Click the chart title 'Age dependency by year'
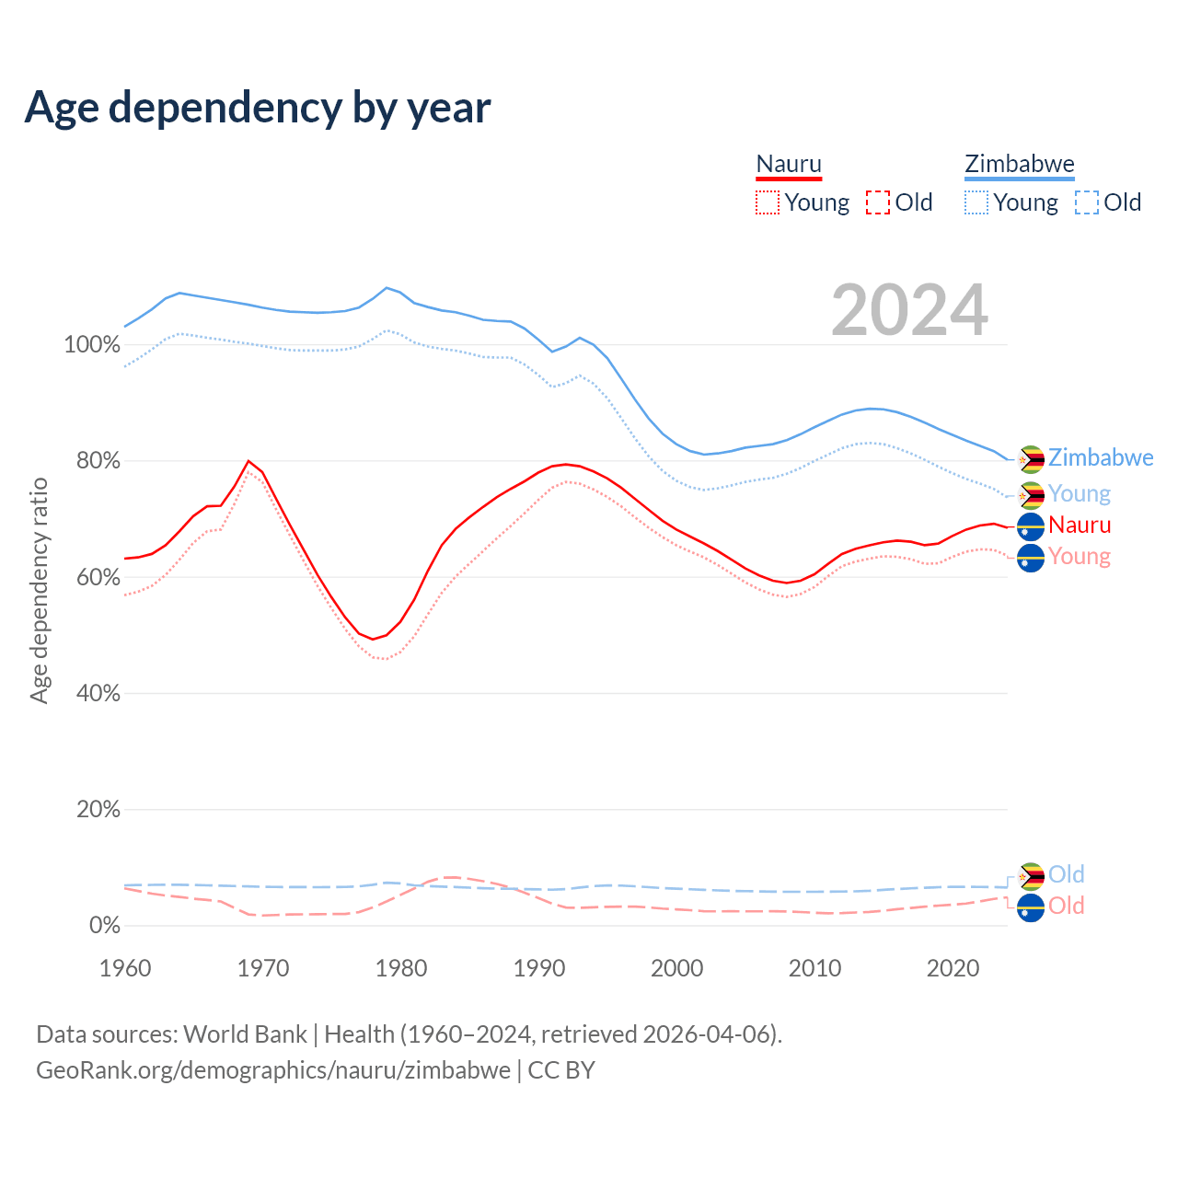point(258,107)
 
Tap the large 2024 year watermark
point(909,310)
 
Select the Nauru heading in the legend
point(789,164)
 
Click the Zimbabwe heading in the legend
point(1019,164)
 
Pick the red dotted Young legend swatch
point(768,202)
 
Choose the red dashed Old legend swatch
point(878,202)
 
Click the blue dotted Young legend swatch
point(976,202)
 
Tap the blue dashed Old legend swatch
point(1087,202)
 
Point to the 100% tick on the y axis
point(92,345)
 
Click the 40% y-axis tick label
point(98,693)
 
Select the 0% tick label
point(104,925)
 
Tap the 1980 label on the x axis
point(401,968)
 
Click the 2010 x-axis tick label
point(815,968)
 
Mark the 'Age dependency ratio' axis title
point(39,590)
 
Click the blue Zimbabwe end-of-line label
point(1101,457)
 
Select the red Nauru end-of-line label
point(1080,525)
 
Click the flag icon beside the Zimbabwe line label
point(1031,459)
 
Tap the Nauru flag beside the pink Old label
point(1031,907)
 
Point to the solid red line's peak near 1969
point(248,461)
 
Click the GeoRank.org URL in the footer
point(273,1070)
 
